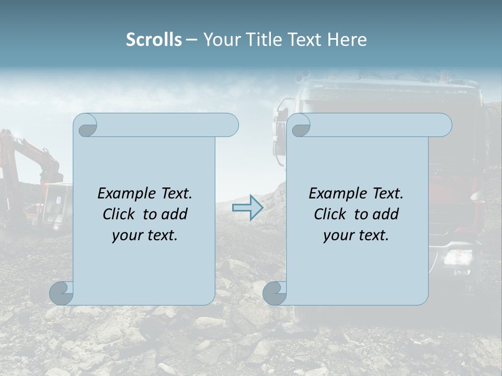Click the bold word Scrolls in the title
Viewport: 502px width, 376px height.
(154, 40)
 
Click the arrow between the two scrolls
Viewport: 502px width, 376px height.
(247, 208)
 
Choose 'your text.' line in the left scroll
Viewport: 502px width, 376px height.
(145, 236)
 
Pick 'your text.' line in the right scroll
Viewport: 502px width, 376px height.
(356, 236)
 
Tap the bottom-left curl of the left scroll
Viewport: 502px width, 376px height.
(62, 293)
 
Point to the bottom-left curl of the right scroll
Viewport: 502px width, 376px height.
(275, 293)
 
